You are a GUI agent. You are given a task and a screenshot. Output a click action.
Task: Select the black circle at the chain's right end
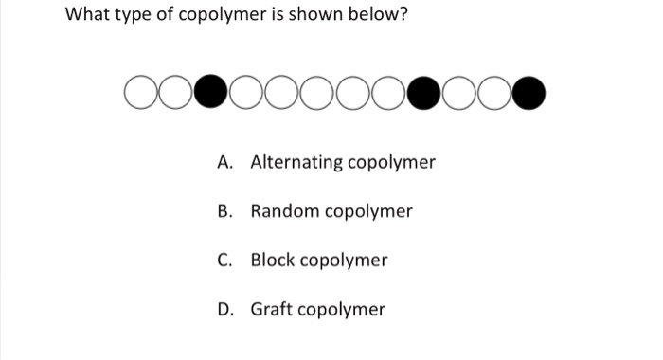(x=530, y=95)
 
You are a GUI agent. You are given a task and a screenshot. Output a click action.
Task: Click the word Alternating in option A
(x=296, y=162)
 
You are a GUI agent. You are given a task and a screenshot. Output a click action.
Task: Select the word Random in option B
(x=285, y=210)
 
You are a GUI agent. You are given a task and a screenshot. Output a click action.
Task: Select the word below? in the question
(x=377, y=16)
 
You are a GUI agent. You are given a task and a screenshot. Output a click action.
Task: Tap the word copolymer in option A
(x=392, y=163)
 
